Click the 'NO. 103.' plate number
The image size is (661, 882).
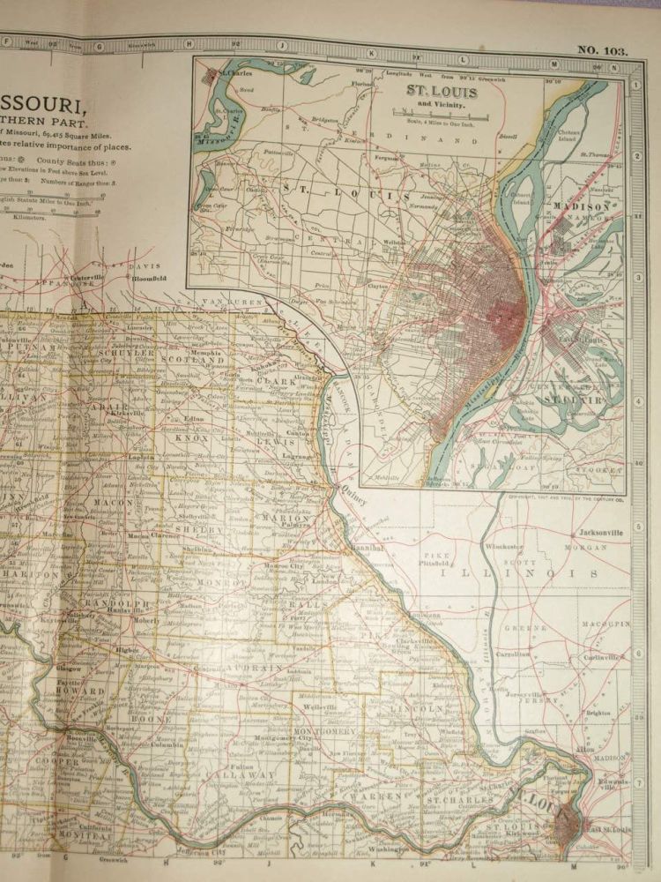(x=603, y=50)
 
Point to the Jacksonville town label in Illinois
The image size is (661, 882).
(x=602, y=533)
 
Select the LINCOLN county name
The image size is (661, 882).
(x=425, y=708)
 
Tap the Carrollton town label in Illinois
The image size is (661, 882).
(x=511, y=654)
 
